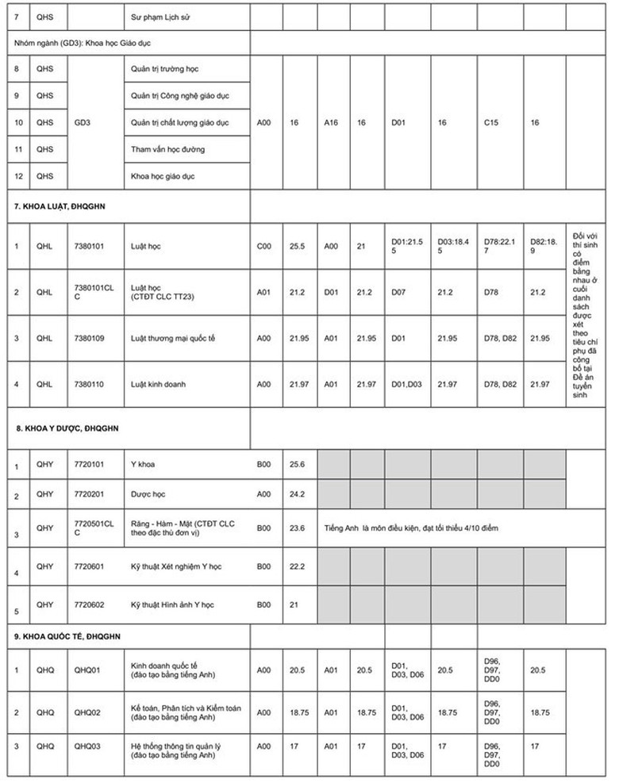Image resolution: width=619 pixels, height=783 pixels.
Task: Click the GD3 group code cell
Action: point(83,123)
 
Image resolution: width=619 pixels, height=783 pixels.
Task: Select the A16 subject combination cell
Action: point(332,123)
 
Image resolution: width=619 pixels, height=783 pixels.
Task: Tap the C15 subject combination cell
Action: point(492,123)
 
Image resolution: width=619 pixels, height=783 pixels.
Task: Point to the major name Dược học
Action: point(148,494)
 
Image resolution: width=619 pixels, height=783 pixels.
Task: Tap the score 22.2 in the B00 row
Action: point(298,566)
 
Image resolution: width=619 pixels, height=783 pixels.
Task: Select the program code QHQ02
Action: point(88,712)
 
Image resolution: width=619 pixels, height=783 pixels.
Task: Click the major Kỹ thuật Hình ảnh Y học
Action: point(172,605)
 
